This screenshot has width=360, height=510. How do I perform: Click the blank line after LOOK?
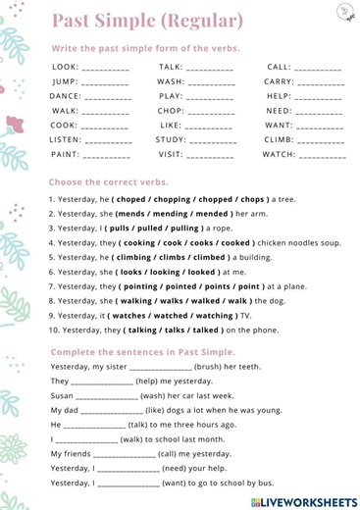[106, 68]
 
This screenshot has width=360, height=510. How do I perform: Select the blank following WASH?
[212, 82]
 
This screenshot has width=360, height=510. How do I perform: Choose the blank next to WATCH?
[323, 155]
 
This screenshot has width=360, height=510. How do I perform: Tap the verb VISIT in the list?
[171, 155]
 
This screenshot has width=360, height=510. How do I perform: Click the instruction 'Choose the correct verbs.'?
[109, 182]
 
